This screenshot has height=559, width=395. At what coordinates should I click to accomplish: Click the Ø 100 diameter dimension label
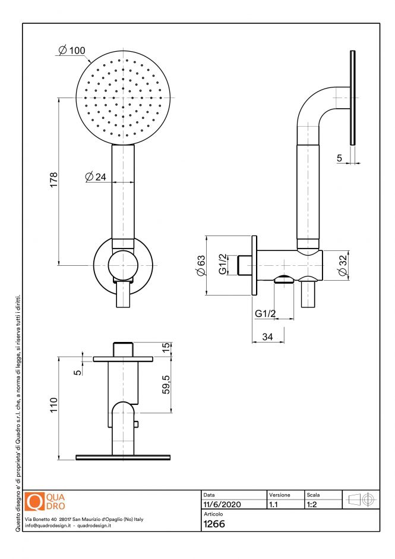click(x=72, y=51)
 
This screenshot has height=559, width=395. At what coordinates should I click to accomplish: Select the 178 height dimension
click(x=53, y=180)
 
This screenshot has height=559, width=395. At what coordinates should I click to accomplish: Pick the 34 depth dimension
click(x=268, y=337)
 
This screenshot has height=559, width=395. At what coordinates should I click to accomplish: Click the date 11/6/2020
click(x=222, y=504)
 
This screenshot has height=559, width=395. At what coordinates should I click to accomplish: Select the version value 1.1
click(x=274, y=504)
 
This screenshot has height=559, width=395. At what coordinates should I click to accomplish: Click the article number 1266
click(x=214, y=524)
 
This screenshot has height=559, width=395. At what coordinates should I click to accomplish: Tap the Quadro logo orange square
click(x=36, y=502)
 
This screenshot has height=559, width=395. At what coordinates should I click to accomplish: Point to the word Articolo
click(x=213, y=514)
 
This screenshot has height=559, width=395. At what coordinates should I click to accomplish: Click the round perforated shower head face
click(x=124, y=96)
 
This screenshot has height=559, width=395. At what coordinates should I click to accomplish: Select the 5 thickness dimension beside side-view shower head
click(x=339, y=158)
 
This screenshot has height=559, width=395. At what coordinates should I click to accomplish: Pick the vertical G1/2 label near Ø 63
click(x=222, y=265)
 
